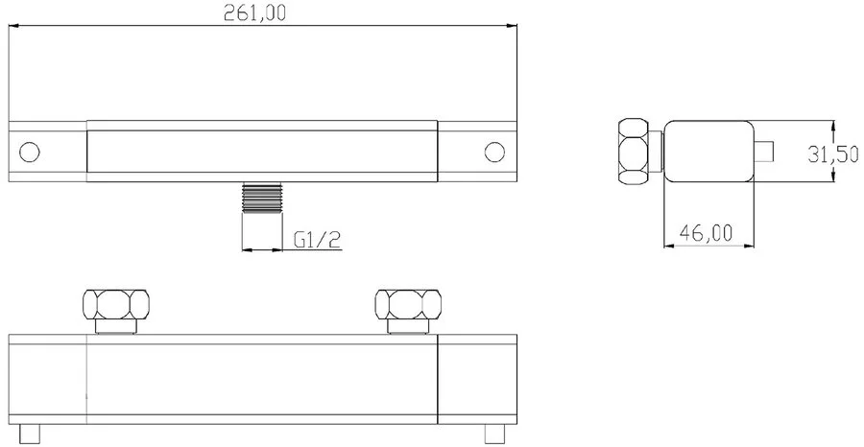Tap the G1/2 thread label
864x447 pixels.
point(318,239)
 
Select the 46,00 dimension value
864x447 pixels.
point(706,231)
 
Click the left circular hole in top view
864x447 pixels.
point(28,152)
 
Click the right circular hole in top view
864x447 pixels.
point(494,152)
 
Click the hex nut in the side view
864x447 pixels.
point(636,151)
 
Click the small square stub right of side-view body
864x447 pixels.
point(764,152)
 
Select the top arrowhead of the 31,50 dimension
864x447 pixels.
point(831,124)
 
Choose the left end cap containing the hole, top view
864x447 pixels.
point(48,152)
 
